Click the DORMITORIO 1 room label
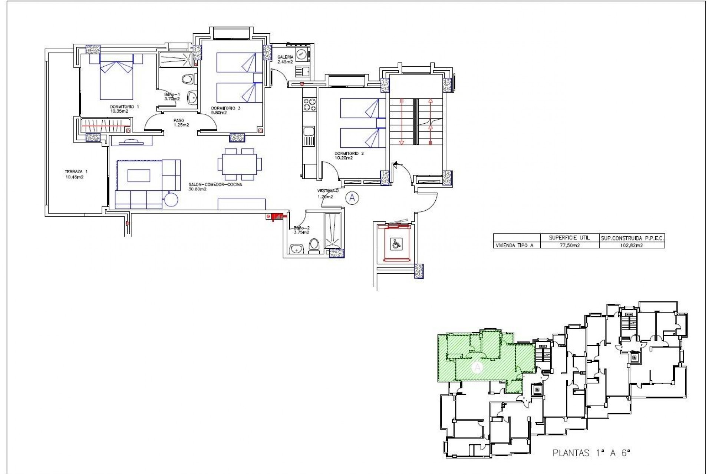[x=124, y=109]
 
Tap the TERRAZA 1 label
[x=76, y=174]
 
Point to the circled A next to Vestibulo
[x=352, y=198]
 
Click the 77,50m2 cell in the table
[x=569, y=245]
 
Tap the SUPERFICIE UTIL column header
[x=569, y=238]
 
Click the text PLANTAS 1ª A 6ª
[x=591, y=453]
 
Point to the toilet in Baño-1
[x=189, y=79]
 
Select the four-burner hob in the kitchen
[x=309, y=104]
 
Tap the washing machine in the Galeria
[x=302, y=54]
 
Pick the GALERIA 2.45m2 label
[x=285, y=59]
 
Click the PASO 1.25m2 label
[x=181, y=123]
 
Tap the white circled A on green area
[x=477, y=368]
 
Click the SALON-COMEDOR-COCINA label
[x=215, y=187]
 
